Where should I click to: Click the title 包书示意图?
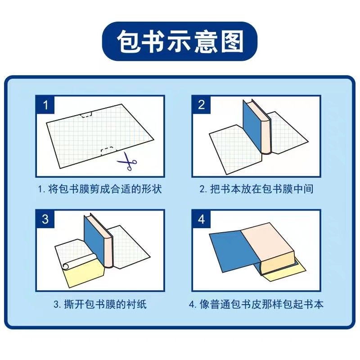click(180, 42)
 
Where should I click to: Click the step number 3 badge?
click(45, 219)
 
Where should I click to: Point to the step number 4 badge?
click(201, 219)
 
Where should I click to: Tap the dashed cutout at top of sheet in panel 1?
click(86, 115)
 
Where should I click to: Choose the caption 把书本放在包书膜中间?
click(256, 189)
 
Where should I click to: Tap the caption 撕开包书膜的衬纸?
click(100, 304)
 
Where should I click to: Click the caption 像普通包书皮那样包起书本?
click(256, 304)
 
